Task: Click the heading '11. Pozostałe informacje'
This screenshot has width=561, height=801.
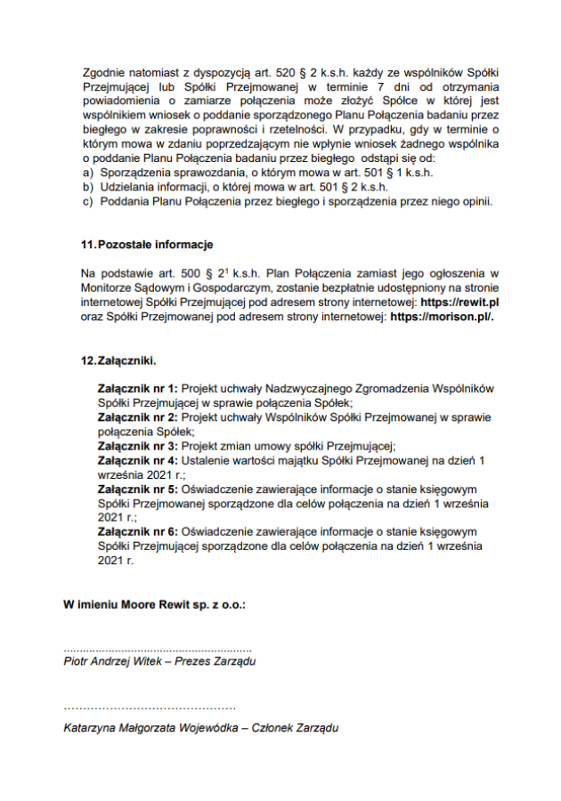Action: (x=147, y=244)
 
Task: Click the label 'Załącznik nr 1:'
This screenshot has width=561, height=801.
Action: (x=138, y=390)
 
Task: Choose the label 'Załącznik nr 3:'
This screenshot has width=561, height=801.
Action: (x=138, y=445)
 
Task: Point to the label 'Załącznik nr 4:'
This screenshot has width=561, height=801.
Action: (x=138, y=460)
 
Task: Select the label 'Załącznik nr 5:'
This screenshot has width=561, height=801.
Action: (x=138, y=489)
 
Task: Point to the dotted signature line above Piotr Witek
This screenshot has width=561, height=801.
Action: (x=158, y=649)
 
